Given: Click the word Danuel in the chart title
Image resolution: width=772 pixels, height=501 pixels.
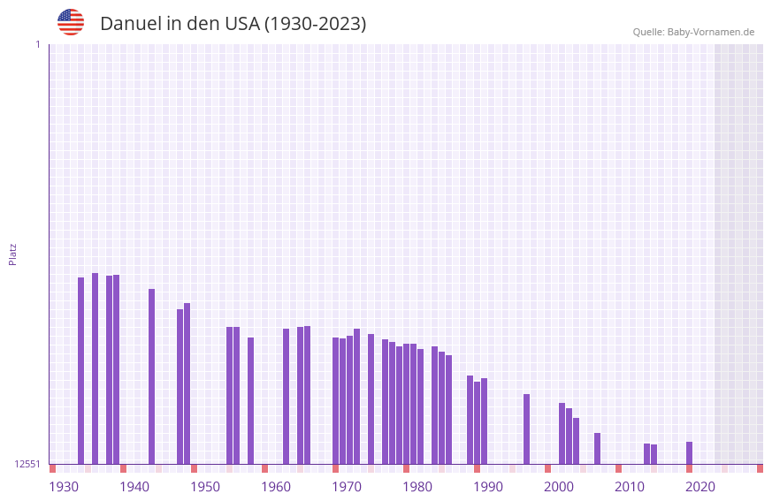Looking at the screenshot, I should tap(130, 24).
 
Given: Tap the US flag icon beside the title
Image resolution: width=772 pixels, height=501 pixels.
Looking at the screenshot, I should tap(71, 22).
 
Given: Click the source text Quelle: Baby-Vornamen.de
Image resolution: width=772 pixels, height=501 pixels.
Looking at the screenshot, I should tap(693, 32).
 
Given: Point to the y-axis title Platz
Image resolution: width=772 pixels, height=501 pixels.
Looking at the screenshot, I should tap(12, 254).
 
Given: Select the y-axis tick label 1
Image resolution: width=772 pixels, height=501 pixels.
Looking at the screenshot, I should tap(37, 44).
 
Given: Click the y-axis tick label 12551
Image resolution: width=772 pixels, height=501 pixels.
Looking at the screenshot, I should tap(27, 464).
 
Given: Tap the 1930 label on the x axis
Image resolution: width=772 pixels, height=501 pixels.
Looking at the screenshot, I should tap(64, 487).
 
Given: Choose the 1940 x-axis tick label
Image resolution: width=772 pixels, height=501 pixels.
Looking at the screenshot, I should tap(134, 487).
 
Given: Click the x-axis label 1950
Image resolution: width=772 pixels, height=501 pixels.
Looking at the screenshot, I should tap(205, 487).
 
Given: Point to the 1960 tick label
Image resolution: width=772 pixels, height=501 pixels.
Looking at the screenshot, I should tap(276, 487).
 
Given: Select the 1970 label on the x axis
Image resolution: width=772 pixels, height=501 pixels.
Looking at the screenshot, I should tap(347, 487).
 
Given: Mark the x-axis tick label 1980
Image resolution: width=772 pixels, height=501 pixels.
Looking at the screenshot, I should tap(417, 487).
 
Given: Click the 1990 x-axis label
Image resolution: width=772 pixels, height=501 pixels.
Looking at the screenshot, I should tap(488, 487).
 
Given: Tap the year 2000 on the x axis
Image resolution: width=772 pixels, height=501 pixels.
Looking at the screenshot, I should tap(559, 487).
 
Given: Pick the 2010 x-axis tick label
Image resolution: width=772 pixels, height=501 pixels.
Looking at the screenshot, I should tap(630, 487).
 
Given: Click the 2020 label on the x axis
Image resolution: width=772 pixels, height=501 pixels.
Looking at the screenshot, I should tap(700, 487).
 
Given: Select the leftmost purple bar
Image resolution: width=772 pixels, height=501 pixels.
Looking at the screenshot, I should tap(80, 371).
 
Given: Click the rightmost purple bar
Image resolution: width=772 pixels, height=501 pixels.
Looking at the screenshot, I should tap(689, 453).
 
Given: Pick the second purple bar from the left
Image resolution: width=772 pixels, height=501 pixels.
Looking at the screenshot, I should tap(95, 368).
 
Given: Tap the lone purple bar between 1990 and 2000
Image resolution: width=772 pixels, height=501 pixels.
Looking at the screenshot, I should tap(526, 429).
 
